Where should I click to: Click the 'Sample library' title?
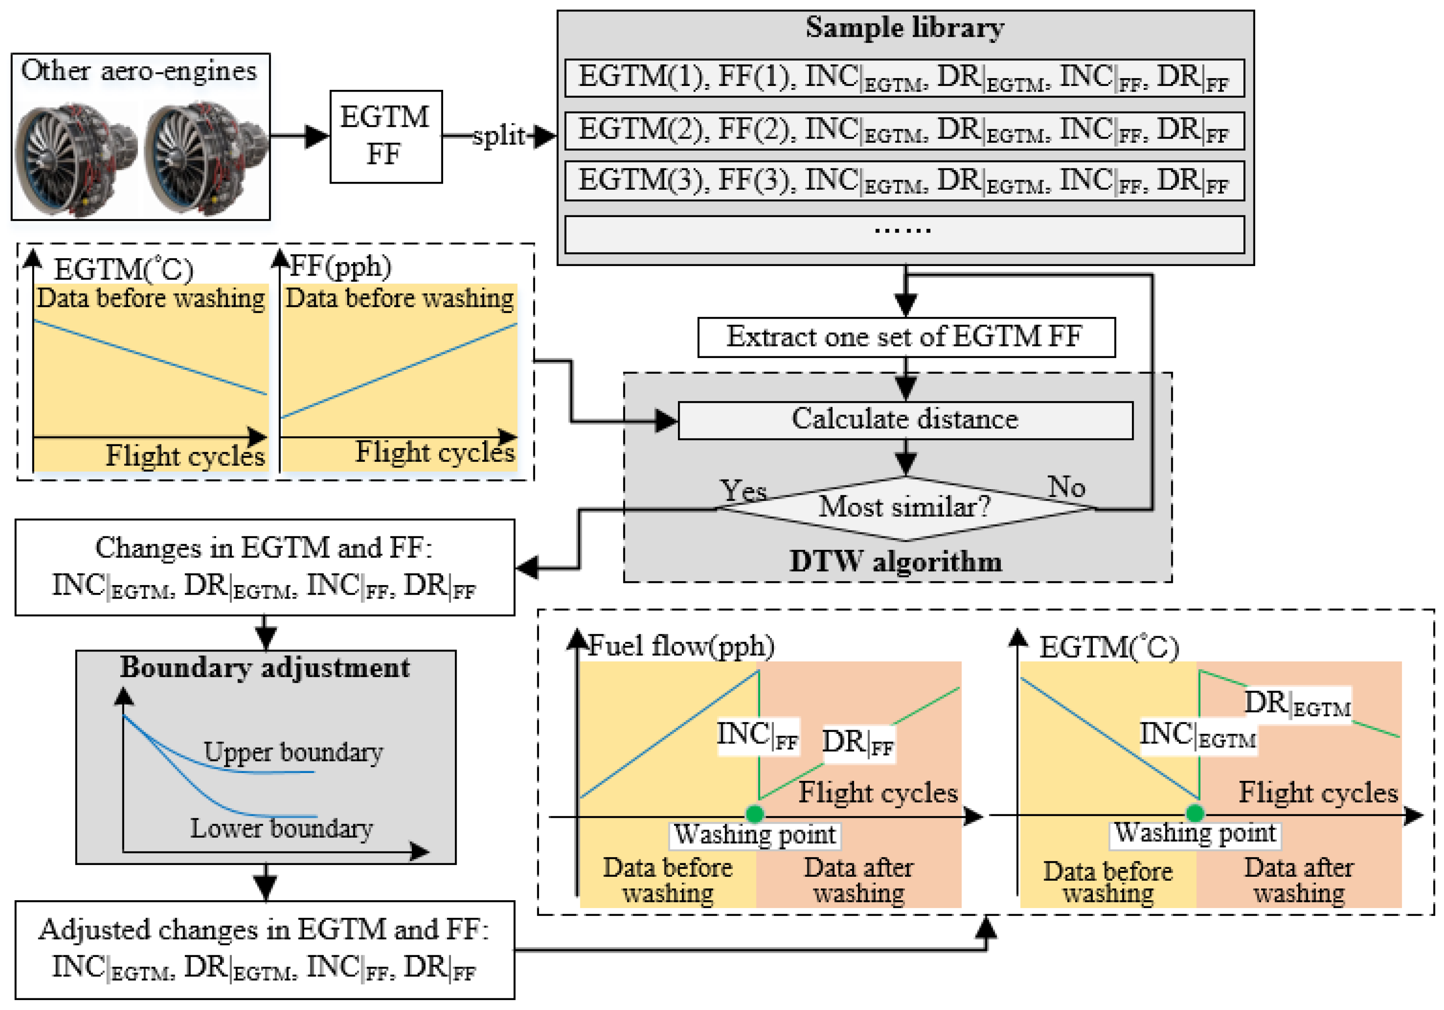[905, 28]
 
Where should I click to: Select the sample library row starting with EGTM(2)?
[905, 131]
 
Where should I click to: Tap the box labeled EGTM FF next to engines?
[385, 136]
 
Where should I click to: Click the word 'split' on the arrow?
[498, 135]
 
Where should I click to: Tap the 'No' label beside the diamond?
[1066, 487]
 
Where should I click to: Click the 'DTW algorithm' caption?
[895, 561]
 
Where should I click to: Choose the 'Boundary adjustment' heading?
[265, 667]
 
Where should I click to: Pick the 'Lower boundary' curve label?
[281, 828]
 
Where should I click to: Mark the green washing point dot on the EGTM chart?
[1195, 813]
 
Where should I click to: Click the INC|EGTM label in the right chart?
[1197, 735]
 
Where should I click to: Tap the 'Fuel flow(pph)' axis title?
[681, 646]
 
